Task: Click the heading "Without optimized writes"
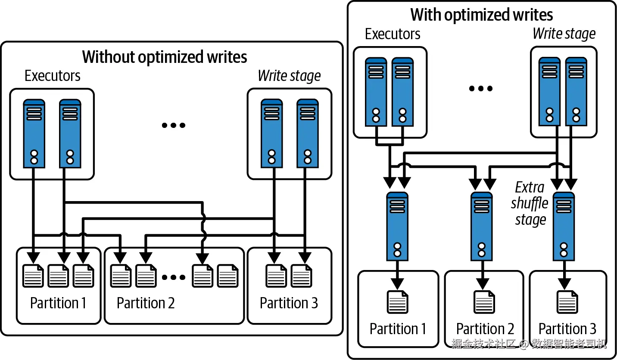pos(165,57)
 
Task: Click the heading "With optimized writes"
pos(482,15)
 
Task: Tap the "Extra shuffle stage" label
pos(529,204)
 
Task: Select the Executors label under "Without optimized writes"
pos(53,76)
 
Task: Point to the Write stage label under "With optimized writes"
pos(564,34)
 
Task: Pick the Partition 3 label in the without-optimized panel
pos(289,303)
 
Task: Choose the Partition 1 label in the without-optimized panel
pos(58,303)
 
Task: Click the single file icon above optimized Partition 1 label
pos(397,302)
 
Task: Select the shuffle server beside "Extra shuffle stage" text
pos(564,226)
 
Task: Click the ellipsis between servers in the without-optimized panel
pos(173,125)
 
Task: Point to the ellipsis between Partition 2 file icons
pos(173,277)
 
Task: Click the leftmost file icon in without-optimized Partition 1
pos(33,276)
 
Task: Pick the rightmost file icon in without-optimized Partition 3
pos(302,276)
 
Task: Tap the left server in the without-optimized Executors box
pos(34,133)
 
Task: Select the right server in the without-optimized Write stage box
pos(308,133)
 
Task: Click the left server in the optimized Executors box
pos(376,92)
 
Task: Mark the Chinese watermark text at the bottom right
pos(529,344)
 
